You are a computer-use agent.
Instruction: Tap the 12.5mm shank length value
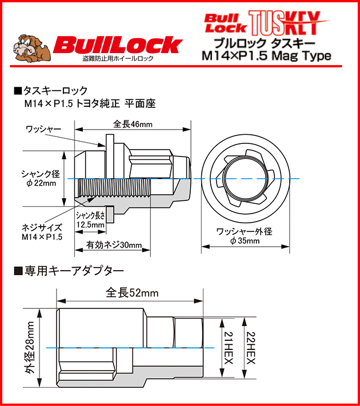point(90,225)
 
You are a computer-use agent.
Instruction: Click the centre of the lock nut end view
point(244,179)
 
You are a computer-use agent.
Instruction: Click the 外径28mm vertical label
point(30,346)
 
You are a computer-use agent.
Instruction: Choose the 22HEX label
point(250,347)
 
